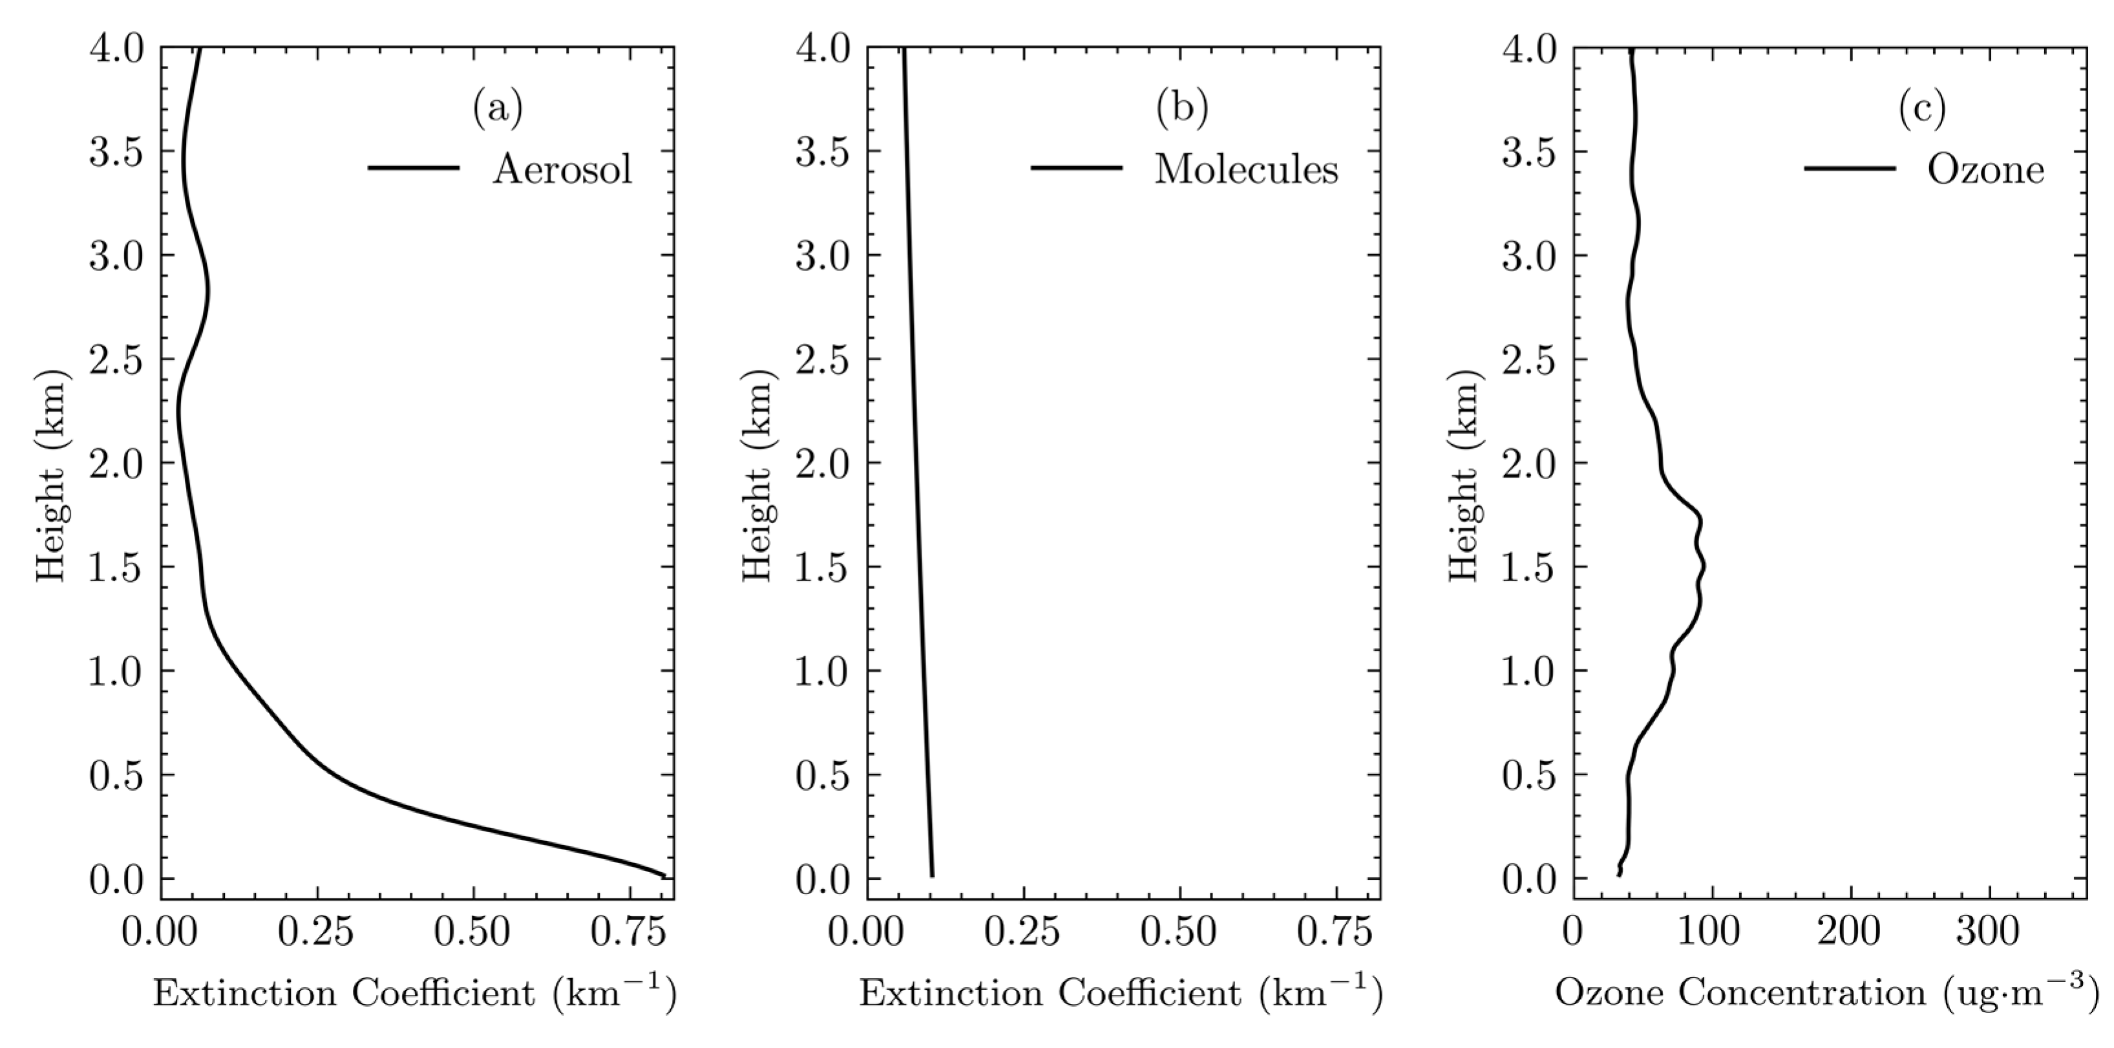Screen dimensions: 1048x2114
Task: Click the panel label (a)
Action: click(x=497, y=109)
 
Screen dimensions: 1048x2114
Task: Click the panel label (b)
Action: click(x=1182, y=109)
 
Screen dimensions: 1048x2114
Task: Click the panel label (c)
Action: click(x=1922, y=109)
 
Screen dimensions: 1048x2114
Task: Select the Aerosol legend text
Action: click(x=562, y=170)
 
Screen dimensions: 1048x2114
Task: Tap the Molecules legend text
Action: click(x=1246, y=170)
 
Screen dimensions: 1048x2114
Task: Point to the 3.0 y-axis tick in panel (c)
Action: click(x=1528, y=256)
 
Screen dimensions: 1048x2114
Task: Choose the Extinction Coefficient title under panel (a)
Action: click(x=414, y=993)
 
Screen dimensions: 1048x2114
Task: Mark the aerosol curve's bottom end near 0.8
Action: click(x=661, y=875)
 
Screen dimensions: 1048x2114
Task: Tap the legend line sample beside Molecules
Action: click(x=1076, y=168)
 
